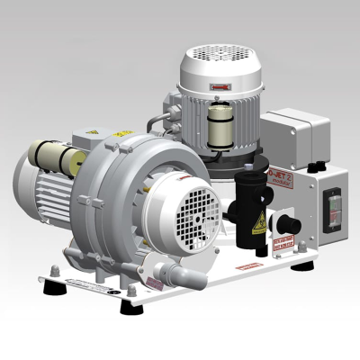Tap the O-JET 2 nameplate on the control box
click(x=282, y=173)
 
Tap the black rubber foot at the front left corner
click(x=49, y=286)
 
